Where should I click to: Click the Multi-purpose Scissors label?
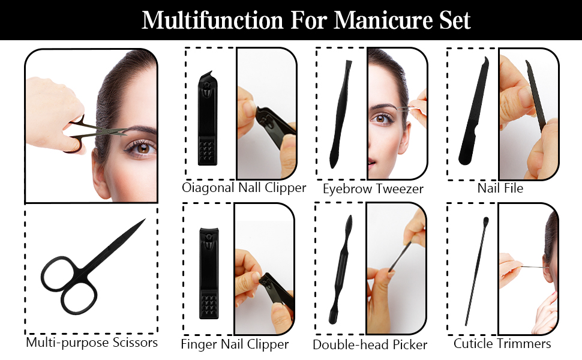click(x=92, y=343)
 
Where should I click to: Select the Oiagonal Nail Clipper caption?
click(x=244, y=188)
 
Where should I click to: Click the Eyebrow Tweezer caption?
click(x=373, y=189)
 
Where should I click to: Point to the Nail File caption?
click(x=500, y=188)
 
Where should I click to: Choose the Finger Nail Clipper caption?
click(x=235, y=344)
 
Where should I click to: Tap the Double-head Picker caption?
click(x=370, y=345)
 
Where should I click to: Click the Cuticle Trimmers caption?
click(x=502, y=344)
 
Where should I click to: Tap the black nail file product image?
click(x=471, y=114)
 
